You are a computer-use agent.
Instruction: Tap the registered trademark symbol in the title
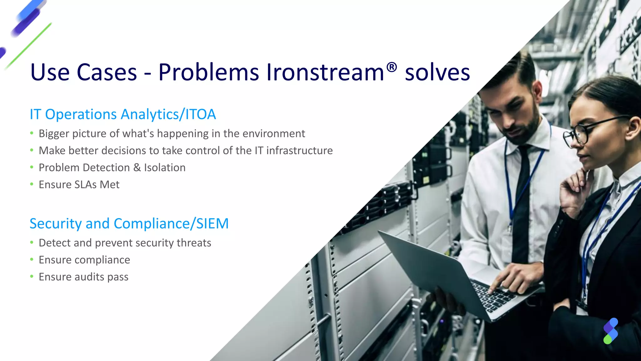392,67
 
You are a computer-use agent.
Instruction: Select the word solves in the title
437,72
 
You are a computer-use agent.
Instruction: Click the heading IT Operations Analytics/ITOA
123,114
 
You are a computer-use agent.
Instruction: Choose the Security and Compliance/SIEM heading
129,223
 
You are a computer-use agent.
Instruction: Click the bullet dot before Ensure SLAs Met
32,184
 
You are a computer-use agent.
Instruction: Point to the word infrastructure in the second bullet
300,150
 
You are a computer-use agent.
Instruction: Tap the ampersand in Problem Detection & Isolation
137,168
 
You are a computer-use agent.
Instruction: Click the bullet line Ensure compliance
84,260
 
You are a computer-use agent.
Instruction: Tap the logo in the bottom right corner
610,331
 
